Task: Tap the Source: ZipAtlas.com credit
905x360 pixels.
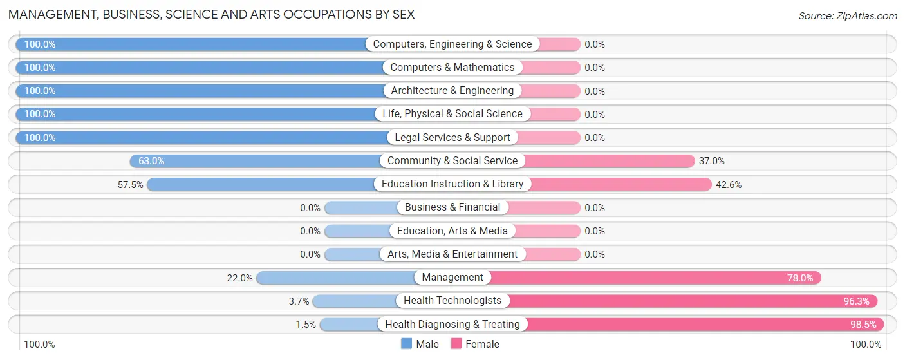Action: (x=847, y=15)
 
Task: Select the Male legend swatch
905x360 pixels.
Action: (x=406, y=344)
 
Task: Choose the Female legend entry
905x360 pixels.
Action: (x=475, y=344)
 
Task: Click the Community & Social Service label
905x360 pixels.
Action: (x=452, y=161)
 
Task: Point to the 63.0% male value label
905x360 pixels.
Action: (x=152, y=161)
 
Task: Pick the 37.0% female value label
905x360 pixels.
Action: (x=711, y=161)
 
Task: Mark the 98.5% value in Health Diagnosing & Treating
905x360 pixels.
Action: (x=863, y=324)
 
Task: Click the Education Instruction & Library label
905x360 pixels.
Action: (x=452, y=184)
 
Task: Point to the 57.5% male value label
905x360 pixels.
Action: (x=130, y=184)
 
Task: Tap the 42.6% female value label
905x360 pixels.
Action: (x=729, y=184)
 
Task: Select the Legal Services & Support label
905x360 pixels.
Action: (x=452, y=137)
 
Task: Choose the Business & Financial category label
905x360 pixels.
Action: (x=452, y=207)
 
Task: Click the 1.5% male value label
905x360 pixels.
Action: (x=306, y=324)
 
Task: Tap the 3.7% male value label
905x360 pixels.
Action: (x=299, y=301)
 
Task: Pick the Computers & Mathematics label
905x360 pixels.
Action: (x=452, y=68)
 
